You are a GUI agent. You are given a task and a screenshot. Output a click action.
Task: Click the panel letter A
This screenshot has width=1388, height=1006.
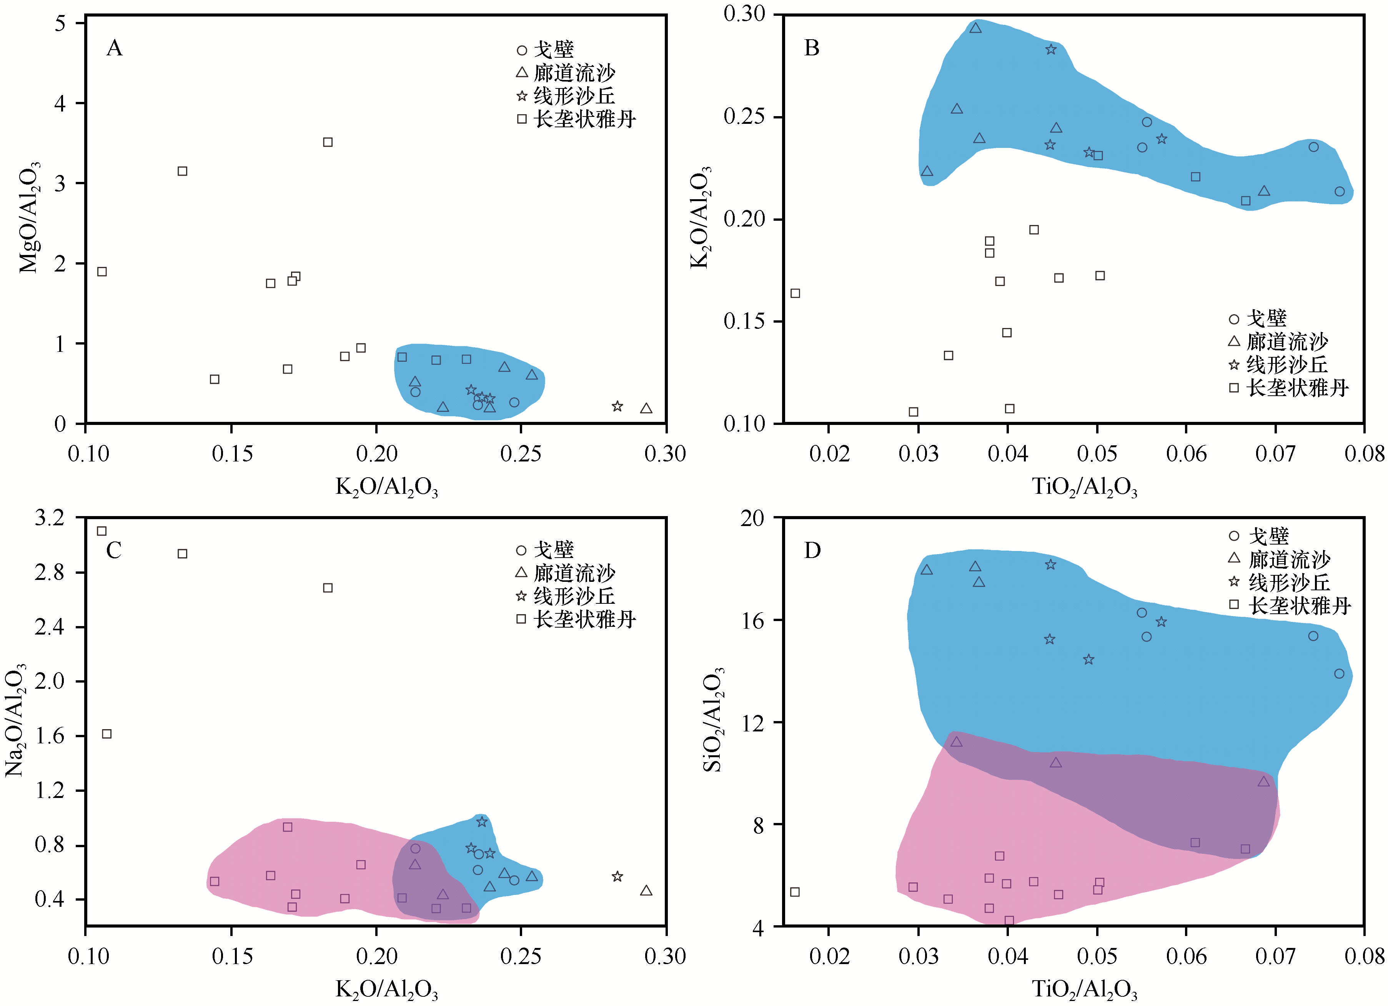[115, 48]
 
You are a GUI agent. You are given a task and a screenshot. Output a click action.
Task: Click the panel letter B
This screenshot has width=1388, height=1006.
[812, 48]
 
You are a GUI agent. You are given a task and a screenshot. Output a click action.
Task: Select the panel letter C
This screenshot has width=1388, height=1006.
[114, 550]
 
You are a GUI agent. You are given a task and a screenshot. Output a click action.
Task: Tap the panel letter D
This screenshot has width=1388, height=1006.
[812, 550]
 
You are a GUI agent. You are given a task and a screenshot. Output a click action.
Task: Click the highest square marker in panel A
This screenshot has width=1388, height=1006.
[328, 142]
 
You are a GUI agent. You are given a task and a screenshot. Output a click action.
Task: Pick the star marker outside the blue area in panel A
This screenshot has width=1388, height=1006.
[617, 406]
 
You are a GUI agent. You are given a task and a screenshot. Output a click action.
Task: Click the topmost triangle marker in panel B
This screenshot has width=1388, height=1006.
[975, 28]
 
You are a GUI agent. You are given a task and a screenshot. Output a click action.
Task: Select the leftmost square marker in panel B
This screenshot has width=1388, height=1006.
[795, 293]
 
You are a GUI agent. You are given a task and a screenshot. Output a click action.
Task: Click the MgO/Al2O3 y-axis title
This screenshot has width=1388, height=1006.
[29, 217]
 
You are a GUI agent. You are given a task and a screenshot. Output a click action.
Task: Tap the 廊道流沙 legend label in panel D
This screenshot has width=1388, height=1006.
[1290, 559]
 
